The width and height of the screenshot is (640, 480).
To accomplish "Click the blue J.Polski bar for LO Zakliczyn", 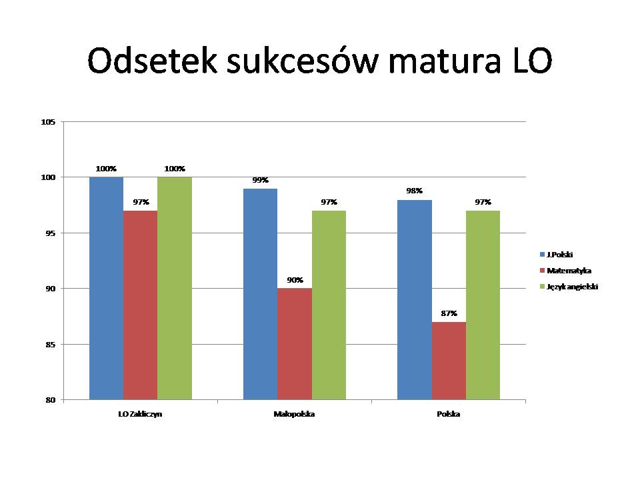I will click(x=106, y=288).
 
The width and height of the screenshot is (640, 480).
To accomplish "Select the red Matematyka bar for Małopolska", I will click(x=294, y=343).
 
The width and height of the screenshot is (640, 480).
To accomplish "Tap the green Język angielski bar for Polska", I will click(x=483, y=305).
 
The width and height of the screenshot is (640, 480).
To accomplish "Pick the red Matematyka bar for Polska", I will click(x=449, y=361).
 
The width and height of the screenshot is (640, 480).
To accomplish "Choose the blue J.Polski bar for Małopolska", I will click(x=260, y=294).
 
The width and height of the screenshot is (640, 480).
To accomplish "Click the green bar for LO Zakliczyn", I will click(x=175, y=288).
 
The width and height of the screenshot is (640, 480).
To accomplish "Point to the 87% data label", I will click(x=449, y=313).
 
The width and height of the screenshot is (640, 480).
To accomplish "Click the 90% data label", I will click(x=295, y=280).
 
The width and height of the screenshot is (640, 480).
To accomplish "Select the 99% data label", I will click(x=260, y=180).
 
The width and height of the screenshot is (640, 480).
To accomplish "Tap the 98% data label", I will click(x=414, y=191).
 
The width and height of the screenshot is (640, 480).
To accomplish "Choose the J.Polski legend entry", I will click(x=560, y=255).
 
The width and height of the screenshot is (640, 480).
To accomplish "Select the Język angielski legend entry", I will click(x=571, y=287).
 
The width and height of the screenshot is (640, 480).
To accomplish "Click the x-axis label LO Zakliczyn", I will click(x=140, y=414).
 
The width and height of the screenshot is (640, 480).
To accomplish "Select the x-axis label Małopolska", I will click(x=294, y=414).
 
